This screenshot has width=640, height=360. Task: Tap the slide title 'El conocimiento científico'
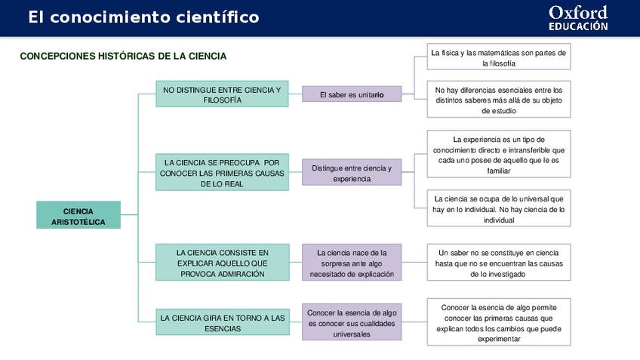click(x=143, y=17)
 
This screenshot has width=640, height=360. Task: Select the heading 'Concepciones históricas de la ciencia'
click(x=123, y=57)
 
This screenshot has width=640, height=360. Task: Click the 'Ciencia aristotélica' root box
click(x=78, y=215)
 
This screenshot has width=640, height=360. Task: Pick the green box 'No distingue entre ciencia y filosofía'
click(x=222, y=94)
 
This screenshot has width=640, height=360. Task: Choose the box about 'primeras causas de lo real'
click(x=222, y=173)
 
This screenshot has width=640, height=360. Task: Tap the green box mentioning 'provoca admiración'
click(x=222, y=263)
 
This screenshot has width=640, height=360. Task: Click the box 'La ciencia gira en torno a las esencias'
click(x=222, y=324)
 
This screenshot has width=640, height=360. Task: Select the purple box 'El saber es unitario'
click(x=352, y=94)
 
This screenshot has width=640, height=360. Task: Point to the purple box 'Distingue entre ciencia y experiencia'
click(x=352, y=173)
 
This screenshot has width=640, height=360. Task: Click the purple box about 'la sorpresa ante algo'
click(x=352, y=263)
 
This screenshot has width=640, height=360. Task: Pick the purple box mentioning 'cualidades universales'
click(x=352, y=323)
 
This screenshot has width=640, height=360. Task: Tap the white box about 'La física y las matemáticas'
click(x=498, y=58)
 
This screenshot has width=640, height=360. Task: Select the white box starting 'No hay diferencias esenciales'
click(x=498, y=100)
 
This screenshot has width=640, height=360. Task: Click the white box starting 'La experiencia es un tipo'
click(x=498, y=155)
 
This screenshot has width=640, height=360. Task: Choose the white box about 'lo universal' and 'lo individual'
click(x=498, y=209)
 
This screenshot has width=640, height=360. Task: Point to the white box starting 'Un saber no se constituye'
click(x=498, y=263)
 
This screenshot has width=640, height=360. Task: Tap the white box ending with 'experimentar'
click(x=498, y=323)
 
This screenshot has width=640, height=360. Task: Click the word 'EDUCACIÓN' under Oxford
click(x=578, y=26)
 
